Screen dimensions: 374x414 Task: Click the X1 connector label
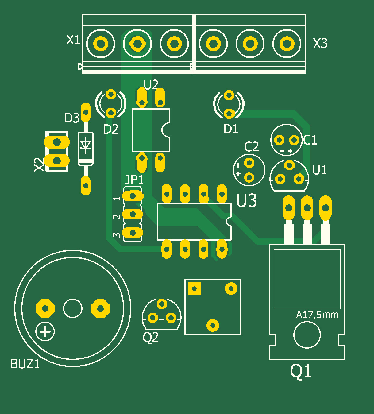pos(73,40)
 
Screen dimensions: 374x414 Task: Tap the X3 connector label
pos(320,43)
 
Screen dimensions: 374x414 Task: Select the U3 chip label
pos(246,200)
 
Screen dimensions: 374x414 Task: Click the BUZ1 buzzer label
pos(25,364)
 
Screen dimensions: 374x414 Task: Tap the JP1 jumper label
pos(134,179)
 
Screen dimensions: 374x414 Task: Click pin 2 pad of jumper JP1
pos(133,214)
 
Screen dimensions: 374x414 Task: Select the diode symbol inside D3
pos(86,145)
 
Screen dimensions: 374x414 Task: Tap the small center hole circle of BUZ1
pos(73,308)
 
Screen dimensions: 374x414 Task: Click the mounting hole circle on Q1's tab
pos(307,335)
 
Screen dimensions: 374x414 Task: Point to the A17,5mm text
pos(317,315)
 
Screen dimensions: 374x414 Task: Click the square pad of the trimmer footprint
pos(194,288)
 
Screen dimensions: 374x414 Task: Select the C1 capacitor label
pos(310,140)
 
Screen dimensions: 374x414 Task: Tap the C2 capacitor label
pos(252,147)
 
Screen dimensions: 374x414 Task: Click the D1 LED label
pos(231,129)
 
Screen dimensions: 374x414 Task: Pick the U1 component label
pos(319,170)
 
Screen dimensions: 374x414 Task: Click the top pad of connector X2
pos(57,142)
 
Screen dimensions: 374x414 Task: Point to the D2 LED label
pos(111,129)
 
